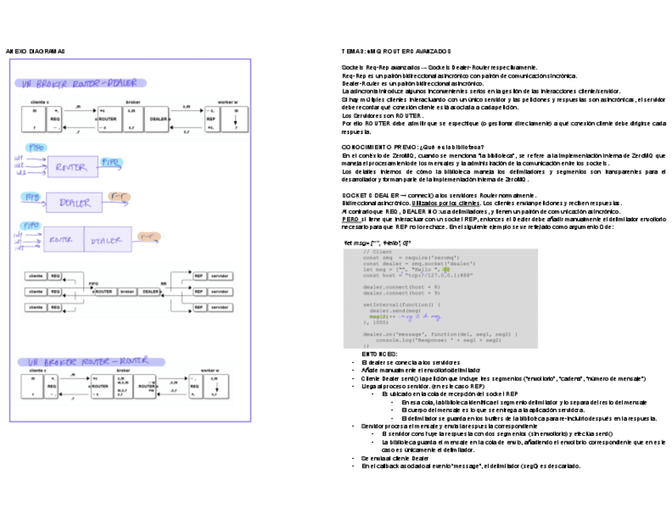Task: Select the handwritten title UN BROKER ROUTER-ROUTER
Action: pos(83,361)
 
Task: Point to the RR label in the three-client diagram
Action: pos(163,283)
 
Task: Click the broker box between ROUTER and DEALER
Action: pos(127,291)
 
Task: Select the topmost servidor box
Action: pos(221,276)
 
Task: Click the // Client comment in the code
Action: pos(377,252)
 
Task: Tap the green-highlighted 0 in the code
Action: pos(446,269)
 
